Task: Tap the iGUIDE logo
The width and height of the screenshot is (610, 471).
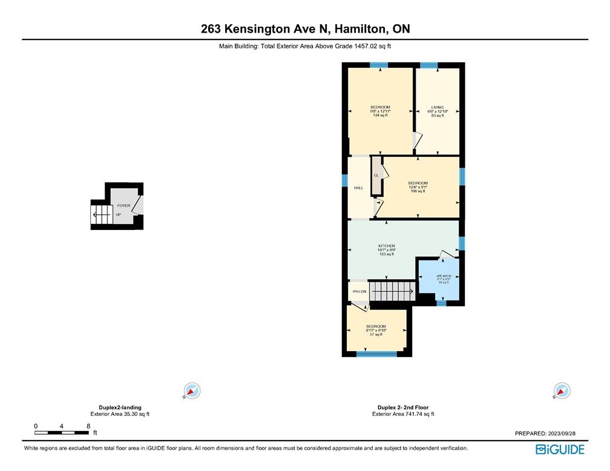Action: (x=560, y=449)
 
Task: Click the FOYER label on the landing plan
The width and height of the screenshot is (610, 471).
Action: (x=123, y=206)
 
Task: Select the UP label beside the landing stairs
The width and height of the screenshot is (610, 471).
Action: (x=119, y=214)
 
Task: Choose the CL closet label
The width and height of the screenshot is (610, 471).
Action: (x=376, y=176)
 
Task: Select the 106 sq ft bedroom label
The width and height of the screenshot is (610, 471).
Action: (x=418, y=187)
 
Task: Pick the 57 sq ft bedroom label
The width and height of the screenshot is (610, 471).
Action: (x=376, y=330)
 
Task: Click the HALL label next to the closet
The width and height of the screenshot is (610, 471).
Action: (x=358, y=188)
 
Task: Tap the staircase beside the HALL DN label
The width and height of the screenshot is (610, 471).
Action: (x=392, y=291)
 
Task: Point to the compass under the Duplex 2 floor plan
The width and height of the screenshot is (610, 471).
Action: (x=562, y=391)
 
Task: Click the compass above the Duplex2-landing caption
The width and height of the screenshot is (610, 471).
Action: (x=192, y=391)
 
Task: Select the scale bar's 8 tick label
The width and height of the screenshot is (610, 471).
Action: (x=88, y=426)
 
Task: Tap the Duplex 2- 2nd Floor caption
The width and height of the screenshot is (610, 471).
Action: (x=403, y=407)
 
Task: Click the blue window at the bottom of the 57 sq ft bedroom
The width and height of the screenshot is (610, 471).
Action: (x=376, y=354)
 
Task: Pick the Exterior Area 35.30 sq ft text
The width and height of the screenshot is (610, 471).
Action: (x=120, y=414)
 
